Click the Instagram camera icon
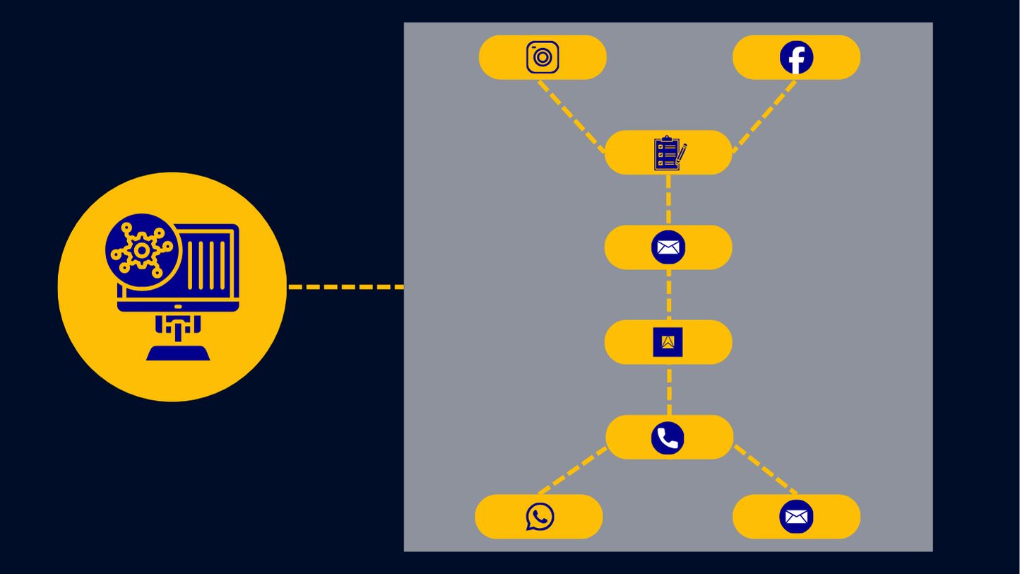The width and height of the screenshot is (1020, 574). click(x=542, y=57)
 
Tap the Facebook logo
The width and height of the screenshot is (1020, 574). click(x=796, y=57)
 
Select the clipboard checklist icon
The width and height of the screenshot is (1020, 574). click(x=668, y=153)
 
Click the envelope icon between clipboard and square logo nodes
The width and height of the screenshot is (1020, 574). click(x=668, y=247)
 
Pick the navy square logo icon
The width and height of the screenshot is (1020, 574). click(x=668, y=342)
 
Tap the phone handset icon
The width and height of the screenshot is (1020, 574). click(x=668, y=438)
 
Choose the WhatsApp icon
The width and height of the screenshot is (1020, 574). click(x=540, y=517)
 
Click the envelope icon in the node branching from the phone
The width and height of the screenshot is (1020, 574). click(x=796, y=517)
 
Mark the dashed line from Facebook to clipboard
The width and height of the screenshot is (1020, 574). click(x=765, y=116)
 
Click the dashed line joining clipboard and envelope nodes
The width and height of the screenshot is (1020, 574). click(x=668, y=199)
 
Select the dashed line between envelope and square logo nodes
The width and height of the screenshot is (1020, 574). click(x=669, y=295)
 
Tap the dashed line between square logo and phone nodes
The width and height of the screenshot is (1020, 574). click(x=669, y=389)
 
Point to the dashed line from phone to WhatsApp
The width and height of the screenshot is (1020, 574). click(x=572, y=470)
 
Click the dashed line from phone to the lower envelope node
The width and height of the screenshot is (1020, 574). click(x=766, y=470)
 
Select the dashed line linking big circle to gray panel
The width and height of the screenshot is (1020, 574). click(x=345, y=287)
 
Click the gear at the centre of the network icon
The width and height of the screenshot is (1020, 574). click(x=142, y=250)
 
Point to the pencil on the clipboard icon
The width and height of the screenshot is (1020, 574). click(x=681, y=154)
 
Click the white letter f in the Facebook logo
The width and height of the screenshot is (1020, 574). click(x=798, y=59)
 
